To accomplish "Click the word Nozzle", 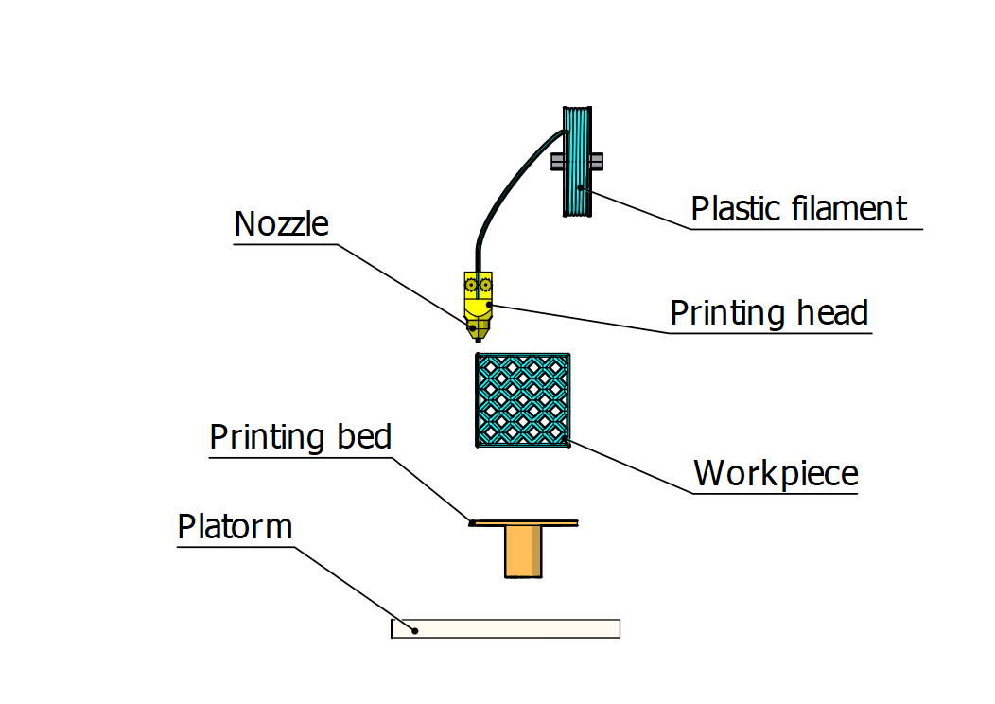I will pos(281,225).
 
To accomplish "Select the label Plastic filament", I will pos(798,209).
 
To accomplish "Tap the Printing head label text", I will pos(768,313).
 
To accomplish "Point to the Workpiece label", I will pos(776,473).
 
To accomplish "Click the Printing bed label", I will pos(300,438).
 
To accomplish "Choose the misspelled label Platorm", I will pos(235,527).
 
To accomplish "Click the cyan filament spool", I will pos(577,161).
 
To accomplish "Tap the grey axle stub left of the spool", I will pos(557,162).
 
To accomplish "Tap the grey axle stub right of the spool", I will pos(597,162).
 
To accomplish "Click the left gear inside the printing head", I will pos(470,284).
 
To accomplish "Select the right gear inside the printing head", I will pos(485,284).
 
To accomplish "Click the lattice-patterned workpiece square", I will pos(522,399).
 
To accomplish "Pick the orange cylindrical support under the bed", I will pos(523,552).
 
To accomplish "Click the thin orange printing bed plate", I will pos(525,521).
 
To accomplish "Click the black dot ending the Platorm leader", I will pos(415,629).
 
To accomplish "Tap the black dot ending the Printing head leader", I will pos(488,305).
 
